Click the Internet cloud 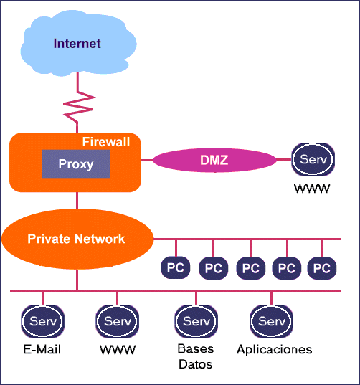pyautogui.click(x=77, y=44)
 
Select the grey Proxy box pyautogui.click(x=76, y=164)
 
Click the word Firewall pyautogui.click(x=106, y=142)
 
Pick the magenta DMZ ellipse pyautogui.click(x=214, y=160)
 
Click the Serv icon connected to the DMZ pyautogui.click(x=313, y=159)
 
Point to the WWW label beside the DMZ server pyautogui.click(x=313, y=191)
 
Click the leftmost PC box pyautogui.click(x=176, y=268)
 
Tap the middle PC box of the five pyautogui.click(x=250, y=268)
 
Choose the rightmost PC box pyautogui.click(x=323, y=268)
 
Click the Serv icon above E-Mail pyautogui.click(x=42, y=321)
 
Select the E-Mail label pyautogui.click(x=42, y=350)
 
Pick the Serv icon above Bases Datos pyautogui.click(x=196, y=321)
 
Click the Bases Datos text pyautogui.click(x=196, y=356)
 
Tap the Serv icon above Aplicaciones pyautogui.click(x=271, y=321)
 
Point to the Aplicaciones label pyautogui.click(x=275, y=350)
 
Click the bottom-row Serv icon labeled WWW pyautogui.click(x=118, y=321)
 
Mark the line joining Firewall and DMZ pyautogui.click(x=147, y=160)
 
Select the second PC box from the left pyautogui.click(x=213, y=268)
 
